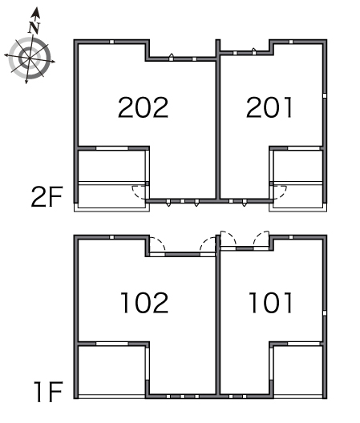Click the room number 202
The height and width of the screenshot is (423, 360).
(144, 107)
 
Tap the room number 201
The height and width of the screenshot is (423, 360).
(269, 107)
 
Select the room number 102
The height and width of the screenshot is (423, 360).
(144, 303)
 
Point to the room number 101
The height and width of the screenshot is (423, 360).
(271, 303)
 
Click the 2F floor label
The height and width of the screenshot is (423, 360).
(47, 196)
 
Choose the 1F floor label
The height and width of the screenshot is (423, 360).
(48, 392)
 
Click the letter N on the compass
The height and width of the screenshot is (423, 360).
(34, 27)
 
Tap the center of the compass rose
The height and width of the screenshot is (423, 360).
(29, 58)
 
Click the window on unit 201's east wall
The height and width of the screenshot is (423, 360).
(325, 95)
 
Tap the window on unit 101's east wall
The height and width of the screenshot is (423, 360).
(325, 313)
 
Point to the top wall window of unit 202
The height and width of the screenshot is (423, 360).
(111, 42)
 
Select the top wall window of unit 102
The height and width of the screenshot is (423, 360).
(111, 237)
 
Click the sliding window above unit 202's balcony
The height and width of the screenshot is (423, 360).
(111, 148)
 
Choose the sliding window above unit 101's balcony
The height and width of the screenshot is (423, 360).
(304, 344)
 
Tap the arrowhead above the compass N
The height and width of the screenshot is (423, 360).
(35, 13)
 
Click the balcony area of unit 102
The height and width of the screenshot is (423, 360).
(111, 370)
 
